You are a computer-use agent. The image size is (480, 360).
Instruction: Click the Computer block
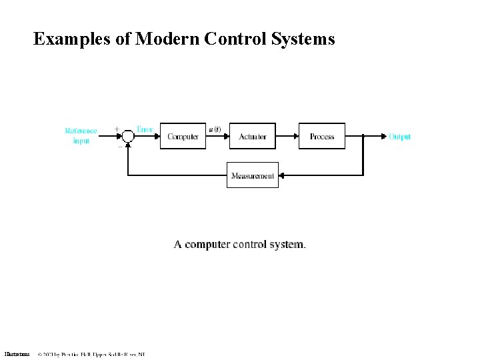pyautogui.click(x=183, y=136)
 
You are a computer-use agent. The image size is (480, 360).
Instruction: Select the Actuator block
pyautogui.click(x=252, y=136)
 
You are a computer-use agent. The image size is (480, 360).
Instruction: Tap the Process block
pyautogui.click(x=322, y=136)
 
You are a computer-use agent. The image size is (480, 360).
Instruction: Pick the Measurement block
pyautogui.click(x=252, y=175)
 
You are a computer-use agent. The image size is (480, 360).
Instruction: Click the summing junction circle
pyautogui.click(x=128, y=136)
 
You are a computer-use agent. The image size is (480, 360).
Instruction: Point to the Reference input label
pyautogui.click(x=81, y=136)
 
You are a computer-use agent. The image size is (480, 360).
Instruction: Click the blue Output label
pyautogui.click(x=400, y=137)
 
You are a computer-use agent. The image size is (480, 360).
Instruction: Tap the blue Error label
pyautogui.click(x=145, y=129)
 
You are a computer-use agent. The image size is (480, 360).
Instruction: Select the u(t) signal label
pyautogui.click(x=215, y=129)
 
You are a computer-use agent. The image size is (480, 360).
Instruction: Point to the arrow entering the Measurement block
pyautogui.click(x=283, y=176)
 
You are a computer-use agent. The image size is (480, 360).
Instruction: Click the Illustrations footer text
pyautogui.click(x=17, y=353)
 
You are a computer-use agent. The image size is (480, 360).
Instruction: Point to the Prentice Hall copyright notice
pyautogui.click(x=91, y=353)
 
